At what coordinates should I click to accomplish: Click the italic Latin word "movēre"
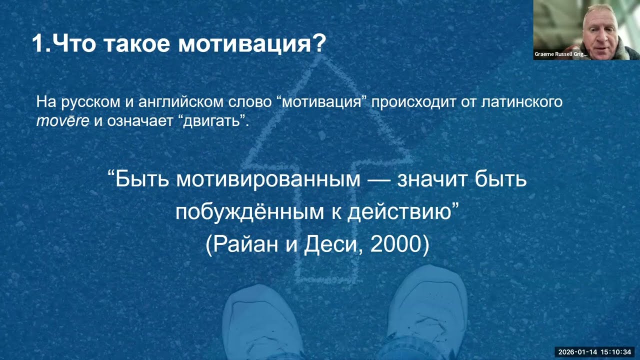click(x=62, y=121)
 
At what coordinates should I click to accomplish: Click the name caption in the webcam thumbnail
click(x=561, y=54)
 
